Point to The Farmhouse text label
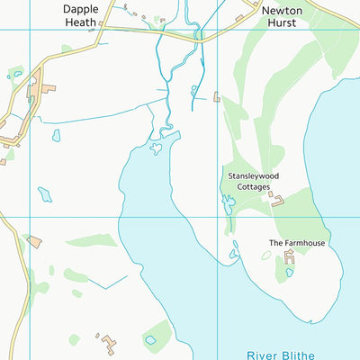[296, 243]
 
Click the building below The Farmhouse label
[290, 259]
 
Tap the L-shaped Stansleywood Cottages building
[277, 199]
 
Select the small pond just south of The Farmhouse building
[290, 273]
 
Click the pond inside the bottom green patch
[150, 340]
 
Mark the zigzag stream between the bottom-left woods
[108, 280]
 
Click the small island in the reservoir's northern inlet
[156, 148]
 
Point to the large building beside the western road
[40, 90]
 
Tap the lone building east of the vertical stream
[217, 96]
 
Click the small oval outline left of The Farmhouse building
[265, 256]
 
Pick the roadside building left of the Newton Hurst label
[239, 18]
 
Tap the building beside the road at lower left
[34, 241]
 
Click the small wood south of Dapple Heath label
[67, 49]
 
